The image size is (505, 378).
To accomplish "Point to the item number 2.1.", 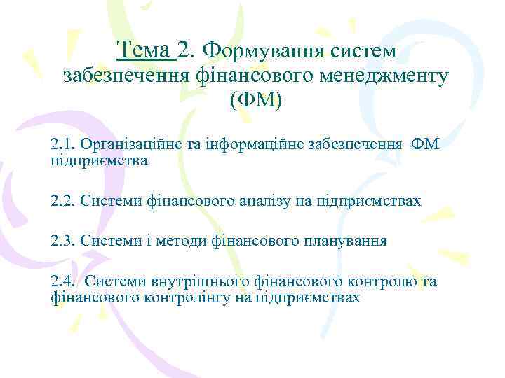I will click(x=63, y=145).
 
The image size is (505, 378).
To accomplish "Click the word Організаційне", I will click(x=127, y=145).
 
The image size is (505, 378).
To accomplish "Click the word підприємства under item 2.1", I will click(x=99, y=161).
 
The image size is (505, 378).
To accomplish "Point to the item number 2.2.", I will click(x=63, y=202).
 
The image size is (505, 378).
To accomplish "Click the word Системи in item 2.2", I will click(x=112, y=202).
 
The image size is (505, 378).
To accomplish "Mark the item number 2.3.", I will click(x=63, y=241).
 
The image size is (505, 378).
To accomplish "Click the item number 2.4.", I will click(x=63, y=281).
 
